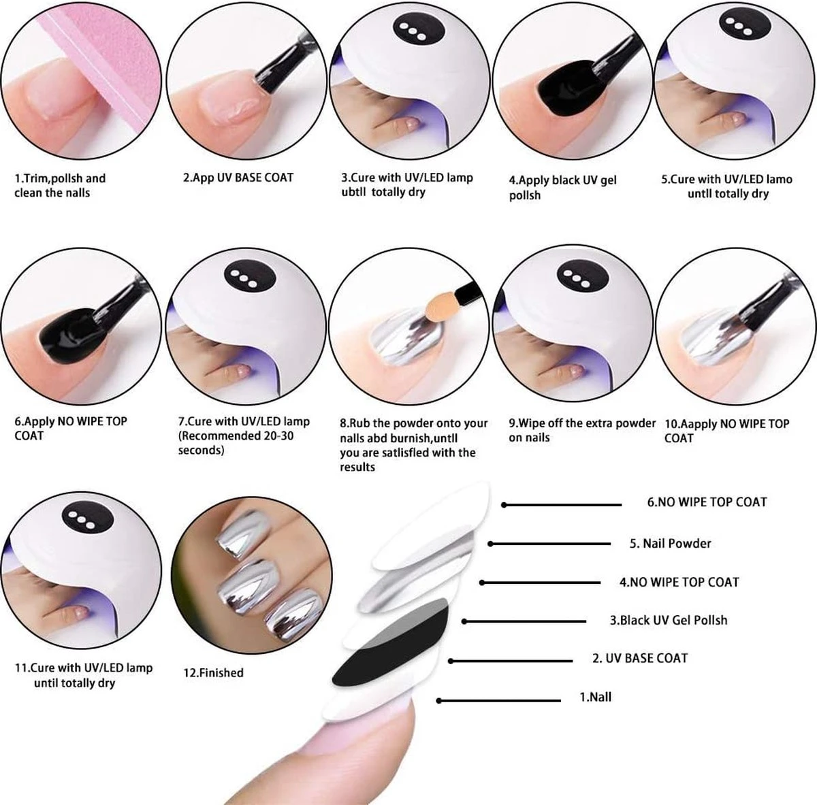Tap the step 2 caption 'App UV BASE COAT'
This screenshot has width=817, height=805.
click(x=238, y=178)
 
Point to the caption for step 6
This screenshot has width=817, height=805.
click(x=71, y=428)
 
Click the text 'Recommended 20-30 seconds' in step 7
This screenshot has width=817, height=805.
click(x=236, y=442)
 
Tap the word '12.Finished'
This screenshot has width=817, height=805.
click(x=213, y=672)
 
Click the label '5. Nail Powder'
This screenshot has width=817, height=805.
click(x=670, y=543)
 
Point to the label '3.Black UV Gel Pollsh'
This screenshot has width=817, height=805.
click(x=668, y=620)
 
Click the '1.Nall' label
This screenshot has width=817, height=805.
click(x=595, y=697)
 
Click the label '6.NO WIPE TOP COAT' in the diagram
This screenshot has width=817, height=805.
click(x=707, y=502)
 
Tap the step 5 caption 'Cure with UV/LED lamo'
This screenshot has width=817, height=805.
click(x=727, y=179)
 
